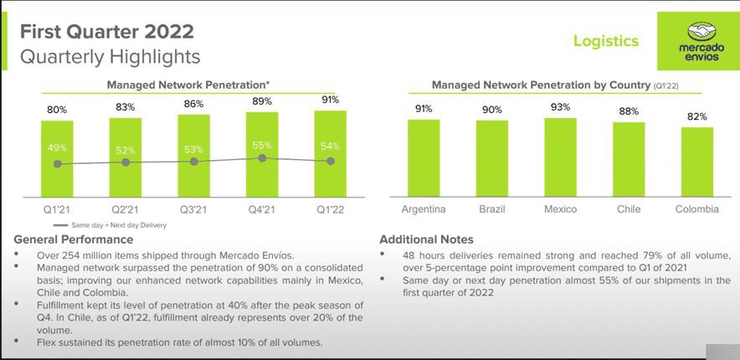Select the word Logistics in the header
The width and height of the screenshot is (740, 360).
point(605,40)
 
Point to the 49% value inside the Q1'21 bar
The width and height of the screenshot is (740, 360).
point(57,148)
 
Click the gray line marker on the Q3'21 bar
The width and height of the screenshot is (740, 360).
point(194,161)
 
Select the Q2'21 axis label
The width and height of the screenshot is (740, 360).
point(126,209)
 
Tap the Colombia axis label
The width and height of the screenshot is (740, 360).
point(696,209)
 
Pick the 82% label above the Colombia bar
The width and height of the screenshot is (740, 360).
point(697,116)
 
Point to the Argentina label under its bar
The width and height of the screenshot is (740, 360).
point(423,209)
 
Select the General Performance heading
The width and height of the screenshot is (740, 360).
point(74,240)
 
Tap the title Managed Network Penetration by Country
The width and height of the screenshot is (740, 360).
point(540,85)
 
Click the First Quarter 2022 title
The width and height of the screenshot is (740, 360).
point(106,32)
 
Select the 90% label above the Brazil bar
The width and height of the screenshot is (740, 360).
point(491,110)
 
